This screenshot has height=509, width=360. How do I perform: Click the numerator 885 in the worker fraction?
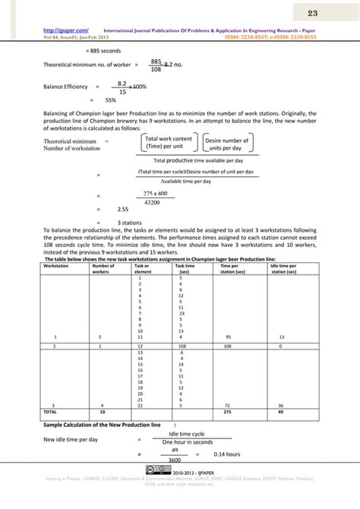156,60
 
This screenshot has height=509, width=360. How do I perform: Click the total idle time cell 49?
281,411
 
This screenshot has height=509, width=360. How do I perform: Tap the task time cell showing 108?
181,346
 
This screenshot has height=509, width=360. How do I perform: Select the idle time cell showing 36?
281,404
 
